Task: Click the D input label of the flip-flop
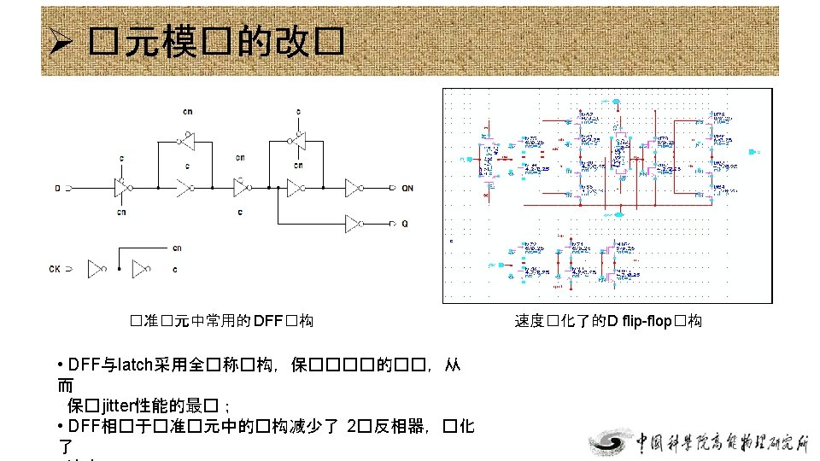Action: coord(58,187)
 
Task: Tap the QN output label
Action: coord(407,187)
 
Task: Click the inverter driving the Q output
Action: coord(354,224)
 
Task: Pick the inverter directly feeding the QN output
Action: coord(354,187)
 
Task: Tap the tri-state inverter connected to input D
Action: coord(121,187)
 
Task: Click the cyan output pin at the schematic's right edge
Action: coord(752,151)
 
